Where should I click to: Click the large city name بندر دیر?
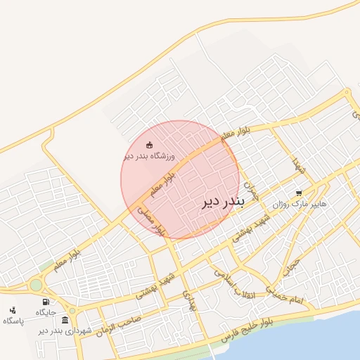(x=222, y=202)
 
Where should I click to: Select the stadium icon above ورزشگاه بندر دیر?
(x=148, y=144)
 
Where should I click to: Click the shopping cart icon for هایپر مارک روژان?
(x=299, y=193)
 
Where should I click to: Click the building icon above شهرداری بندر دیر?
(x=65, y=320)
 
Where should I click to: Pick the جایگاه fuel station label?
(x=46, y=313)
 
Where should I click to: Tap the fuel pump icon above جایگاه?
(x=46, y=302)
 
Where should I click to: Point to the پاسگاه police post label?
(x=13, y=321)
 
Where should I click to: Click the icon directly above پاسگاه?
(x=12, y=310)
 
